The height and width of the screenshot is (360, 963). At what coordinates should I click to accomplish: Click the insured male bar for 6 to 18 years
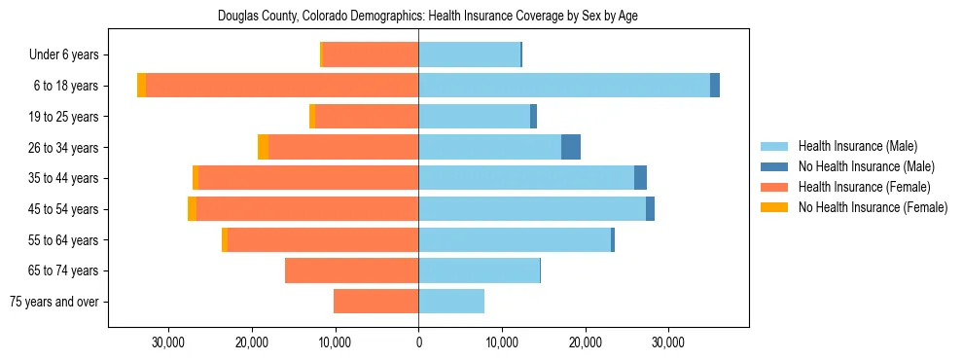(564, 86)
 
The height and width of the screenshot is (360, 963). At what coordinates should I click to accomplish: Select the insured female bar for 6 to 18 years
(282, 86)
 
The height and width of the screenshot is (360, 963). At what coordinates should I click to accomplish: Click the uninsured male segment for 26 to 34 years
(571, 147)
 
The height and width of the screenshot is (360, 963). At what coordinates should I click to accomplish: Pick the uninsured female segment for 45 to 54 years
(192, 209)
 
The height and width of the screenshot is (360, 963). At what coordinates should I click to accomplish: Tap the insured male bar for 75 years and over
(451, 302)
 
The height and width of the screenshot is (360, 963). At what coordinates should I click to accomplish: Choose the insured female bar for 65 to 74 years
(352, 270)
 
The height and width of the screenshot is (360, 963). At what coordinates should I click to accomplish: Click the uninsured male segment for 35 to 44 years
(640, 178)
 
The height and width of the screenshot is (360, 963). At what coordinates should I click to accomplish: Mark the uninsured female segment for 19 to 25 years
(312, 117)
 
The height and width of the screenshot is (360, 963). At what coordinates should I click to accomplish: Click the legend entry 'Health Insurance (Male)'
(857, 146)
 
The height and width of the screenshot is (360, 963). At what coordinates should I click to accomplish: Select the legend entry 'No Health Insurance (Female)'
(873, 207)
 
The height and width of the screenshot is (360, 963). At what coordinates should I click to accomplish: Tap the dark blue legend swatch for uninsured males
(774, 166)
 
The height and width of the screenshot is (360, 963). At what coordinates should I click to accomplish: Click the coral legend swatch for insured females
(774, 187)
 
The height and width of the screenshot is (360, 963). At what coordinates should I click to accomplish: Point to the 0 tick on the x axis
(418, 343)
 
